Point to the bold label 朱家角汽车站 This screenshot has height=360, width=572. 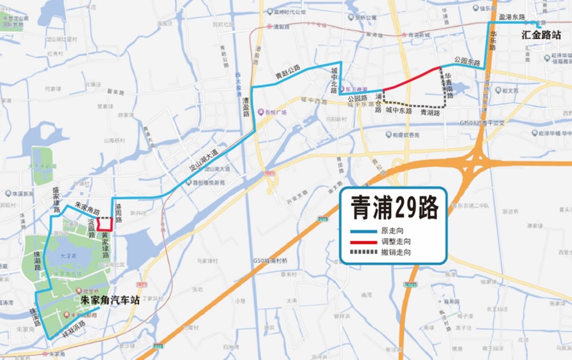pos(110,299)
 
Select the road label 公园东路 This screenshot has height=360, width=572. pos(467,60)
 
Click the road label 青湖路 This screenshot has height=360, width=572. pos(430,113)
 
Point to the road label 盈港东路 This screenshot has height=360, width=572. pos(511,17)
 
